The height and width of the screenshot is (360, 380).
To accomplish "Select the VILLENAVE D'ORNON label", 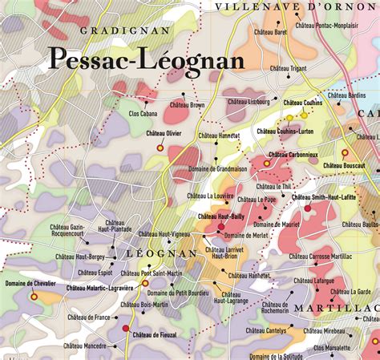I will pos(296,6).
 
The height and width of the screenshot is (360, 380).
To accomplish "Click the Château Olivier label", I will pos(164,132).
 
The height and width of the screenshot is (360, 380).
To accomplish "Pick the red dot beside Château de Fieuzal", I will pos(126,329).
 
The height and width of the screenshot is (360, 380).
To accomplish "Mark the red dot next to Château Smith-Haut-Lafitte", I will pos(307,208).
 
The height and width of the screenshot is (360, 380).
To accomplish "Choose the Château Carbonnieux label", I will pos(295,154).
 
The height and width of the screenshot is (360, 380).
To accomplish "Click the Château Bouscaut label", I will pos(344,165).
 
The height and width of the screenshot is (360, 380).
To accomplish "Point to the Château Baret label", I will pos(270,33).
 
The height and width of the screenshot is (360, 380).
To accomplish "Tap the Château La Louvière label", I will pos(210,196).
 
